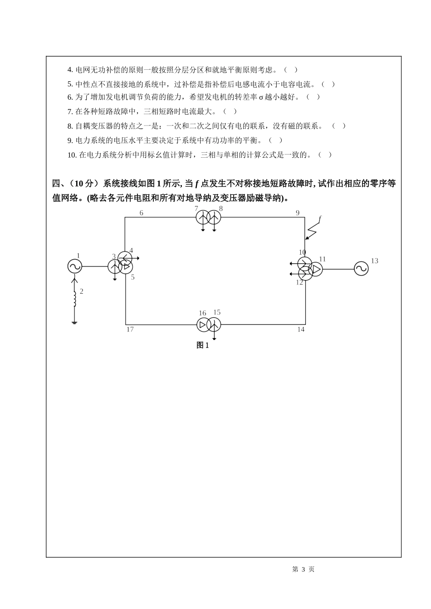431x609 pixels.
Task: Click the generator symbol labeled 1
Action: (x=74, y=266)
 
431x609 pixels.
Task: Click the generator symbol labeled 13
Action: (x=361, y=269)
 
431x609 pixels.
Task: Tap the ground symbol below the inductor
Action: (x=75, y=322)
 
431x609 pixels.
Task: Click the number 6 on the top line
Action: (x=142, y=213)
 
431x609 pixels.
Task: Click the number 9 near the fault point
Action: (x=298, y=213)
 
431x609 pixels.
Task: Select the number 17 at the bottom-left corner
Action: (x=130, y=329)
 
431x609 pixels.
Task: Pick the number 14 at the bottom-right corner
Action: (x=301, y=329)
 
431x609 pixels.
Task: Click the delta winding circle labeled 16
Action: (x=203, y=324)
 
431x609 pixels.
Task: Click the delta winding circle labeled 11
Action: (x=315, y=270)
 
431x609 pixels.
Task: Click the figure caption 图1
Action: (x=203, y=345)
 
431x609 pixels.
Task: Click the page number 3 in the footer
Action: (x=304, y=570)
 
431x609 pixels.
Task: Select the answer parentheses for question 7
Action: (x=230, y=111)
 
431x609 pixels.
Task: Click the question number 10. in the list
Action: (x=72, y=155)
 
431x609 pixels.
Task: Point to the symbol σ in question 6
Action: (x=261, y=97)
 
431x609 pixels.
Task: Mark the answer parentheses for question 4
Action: (x=291, y=70)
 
